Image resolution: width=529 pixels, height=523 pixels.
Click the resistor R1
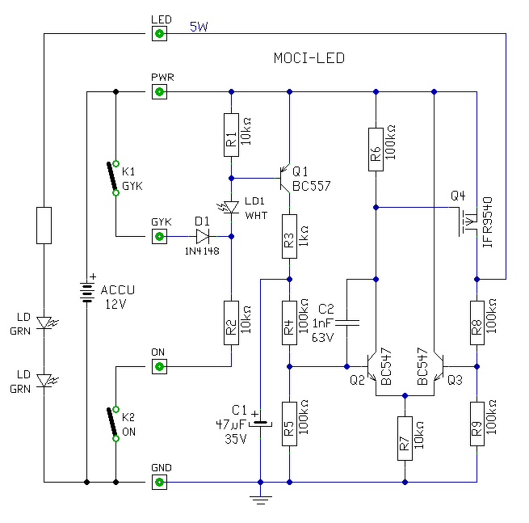231,135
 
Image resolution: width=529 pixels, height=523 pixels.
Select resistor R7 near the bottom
405,438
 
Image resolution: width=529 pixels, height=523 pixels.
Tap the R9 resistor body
477,424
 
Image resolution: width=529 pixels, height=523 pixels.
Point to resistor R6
376,150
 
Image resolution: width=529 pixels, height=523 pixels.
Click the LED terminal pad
159,33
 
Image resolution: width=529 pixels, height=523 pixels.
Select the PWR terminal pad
159,91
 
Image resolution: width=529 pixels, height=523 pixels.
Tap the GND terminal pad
159,482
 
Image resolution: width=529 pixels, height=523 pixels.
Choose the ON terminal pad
159,366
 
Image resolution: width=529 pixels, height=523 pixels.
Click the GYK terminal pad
159,236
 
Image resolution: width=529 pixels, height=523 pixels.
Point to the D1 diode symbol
203,236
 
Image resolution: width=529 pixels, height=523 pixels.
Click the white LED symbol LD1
229,207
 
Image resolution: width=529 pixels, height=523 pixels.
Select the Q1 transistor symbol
284,179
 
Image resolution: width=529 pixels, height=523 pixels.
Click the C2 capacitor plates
346,323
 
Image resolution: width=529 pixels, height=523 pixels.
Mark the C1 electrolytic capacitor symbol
260,423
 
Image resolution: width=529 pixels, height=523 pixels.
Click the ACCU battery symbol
87,291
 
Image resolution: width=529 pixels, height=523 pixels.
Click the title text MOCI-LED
309,58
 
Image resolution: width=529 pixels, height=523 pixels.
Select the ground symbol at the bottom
260,500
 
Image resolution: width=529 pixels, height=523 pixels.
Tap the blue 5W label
199,27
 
